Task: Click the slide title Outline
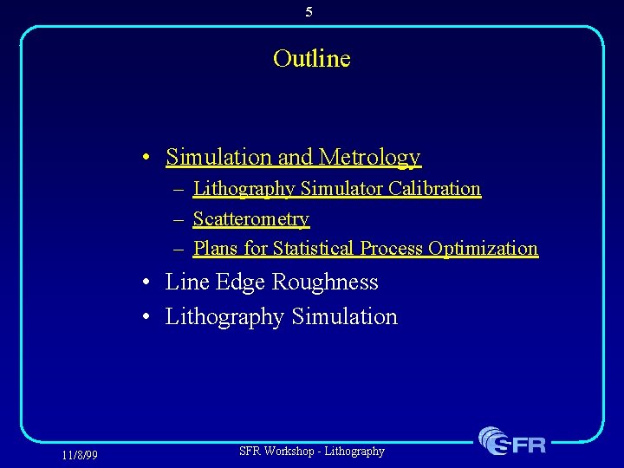tap(311, 59)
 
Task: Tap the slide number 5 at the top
tap(309, 12)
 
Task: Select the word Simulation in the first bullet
tap(219, 157)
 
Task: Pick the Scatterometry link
tap(250, 218)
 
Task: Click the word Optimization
tap(483, 248)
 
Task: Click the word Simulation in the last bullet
tap(344, 316)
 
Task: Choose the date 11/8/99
tap(80, 455)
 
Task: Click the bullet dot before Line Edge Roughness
tap(149, 283)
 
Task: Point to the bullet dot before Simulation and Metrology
tap(149, 158)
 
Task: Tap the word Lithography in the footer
tap(354, 451)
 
